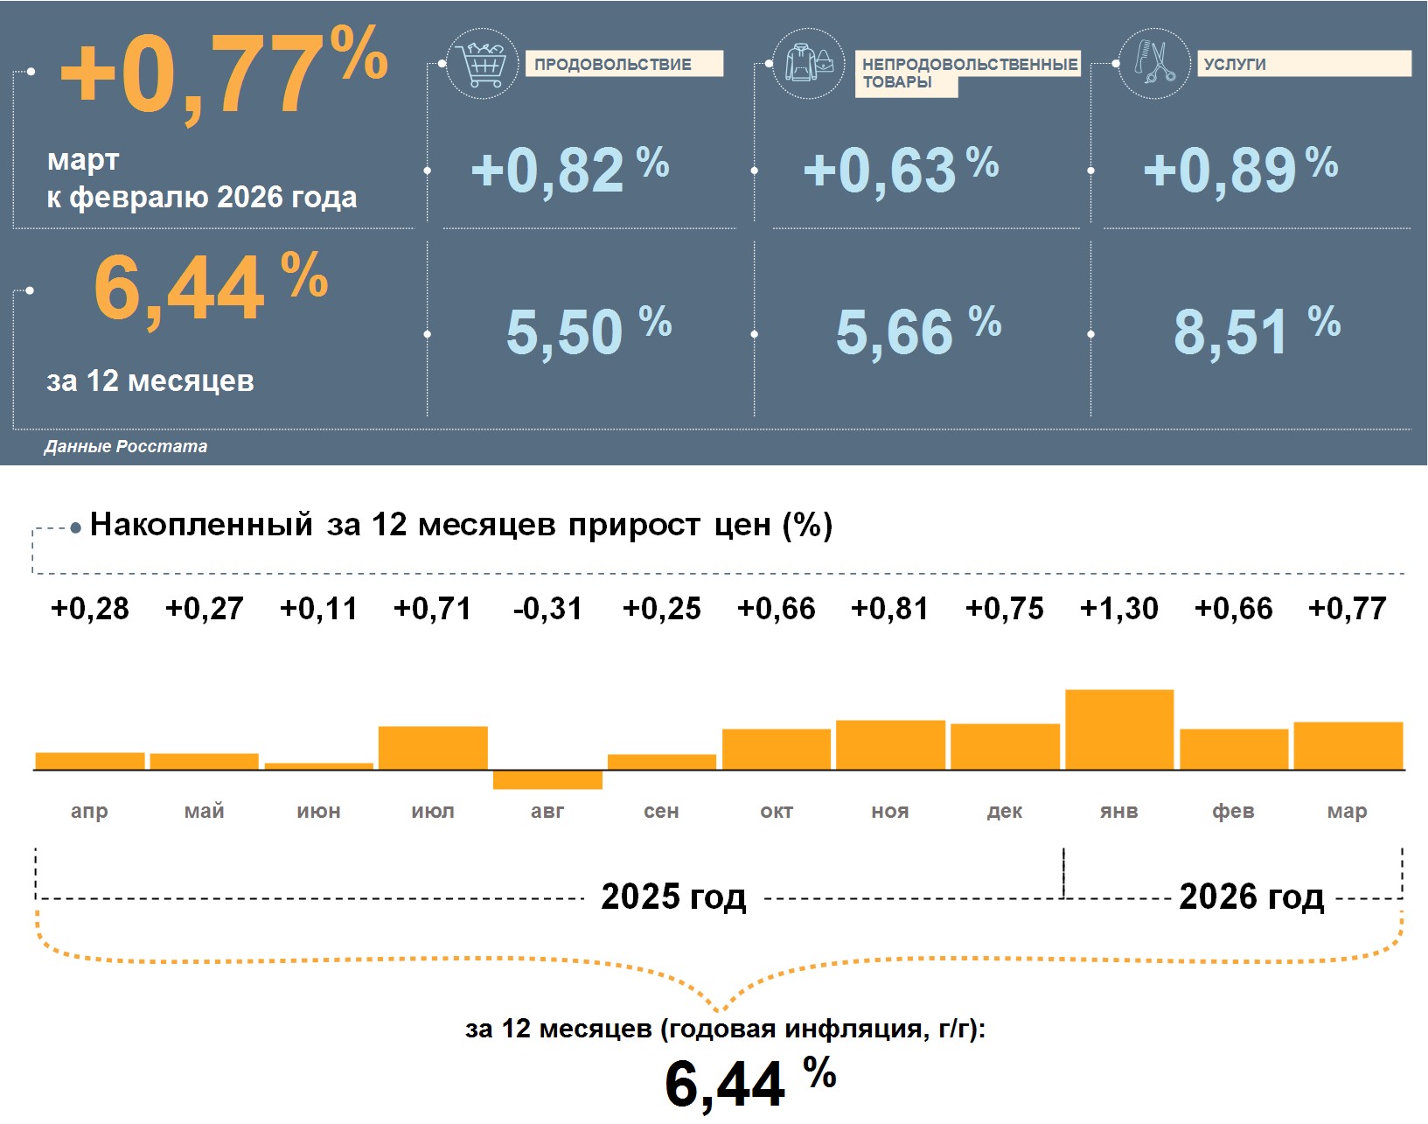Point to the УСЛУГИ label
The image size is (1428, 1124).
tap(1235, 64)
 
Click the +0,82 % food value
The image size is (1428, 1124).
tap(569, 170)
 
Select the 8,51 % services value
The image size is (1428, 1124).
tap(1256, 332)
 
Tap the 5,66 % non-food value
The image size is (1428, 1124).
tap(917, 332)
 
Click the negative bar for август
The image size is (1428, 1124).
tap(547, 779)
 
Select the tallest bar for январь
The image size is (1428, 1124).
tap(1119, 730)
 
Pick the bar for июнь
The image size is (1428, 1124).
tap(319, 766)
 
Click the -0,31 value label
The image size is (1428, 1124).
tap(547, 608)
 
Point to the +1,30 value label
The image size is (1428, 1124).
tap(1119, 608)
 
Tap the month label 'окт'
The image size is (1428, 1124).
tap(777, 811)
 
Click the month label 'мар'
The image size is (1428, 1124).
tap(1347, 811)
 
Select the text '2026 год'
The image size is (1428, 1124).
tap(1251, 897)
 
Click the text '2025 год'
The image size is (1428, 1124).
tap(673, 897)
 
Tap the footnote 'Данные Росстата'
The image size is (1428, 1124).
tap(126, 446)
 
